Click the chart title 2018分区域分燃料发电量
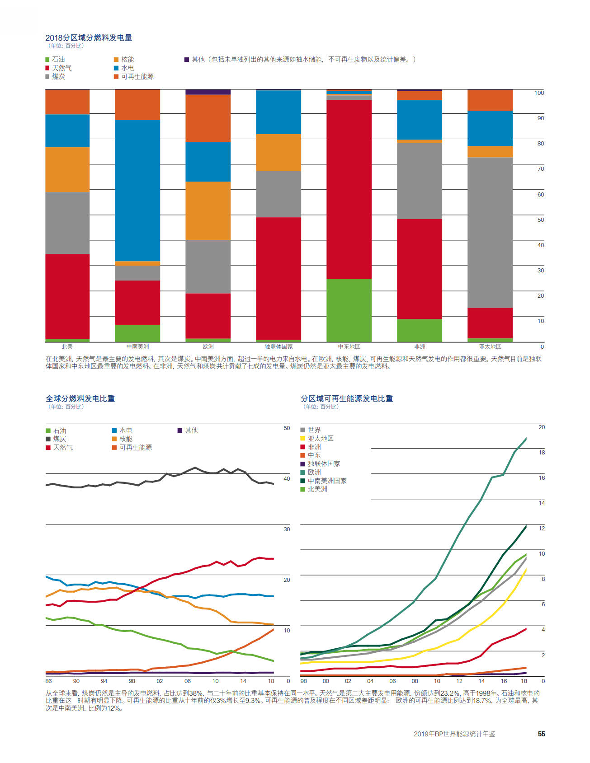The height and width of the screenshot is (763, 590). [x=89, y=38]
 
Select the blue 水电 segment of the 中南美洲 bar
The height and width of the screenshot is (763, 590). [x=137, y=190]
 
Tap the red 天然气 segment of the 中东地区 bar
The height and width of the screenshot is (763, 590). [x=349, y=189]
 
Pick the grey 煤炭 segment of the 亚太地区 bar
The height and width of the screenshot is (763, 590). [x=490, y=233]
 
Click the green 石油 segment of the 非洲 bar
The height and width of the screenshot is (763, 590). [x=420, y=330]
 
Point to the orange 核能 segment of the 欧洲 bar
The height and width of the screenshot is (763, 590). [x=208, y=211]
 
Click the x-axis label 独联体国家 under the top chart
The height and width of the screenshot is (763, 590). [x=278, y=347]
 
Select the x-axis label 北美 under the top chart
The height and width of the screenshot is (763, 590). [x=67, y=347]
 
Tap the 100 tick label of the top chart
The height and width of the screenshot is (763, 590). [x=539, y=93]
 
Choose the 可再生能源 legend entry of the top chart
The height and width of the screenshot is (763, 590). [x=134, y=77]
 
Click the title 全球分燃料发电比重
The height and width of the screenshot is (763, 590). [x=80, y=398]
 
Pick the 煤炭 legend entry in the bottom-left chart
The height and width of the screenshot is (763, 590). [x=56, y=439]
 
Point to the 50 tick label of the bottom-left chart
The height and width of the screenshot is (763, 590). [x=287, y=428]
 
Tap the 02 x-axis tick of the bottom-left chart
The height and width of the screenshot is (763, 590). [x=160, y=681]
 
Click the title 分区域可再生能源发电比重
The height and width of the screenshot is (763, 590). [x=347, y=398]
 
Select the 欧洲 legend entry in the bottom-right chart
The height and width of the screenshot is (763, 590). [x=311, y=473]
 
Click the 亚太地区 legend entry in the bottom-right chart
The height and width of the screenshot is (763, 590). [x=317, y=439]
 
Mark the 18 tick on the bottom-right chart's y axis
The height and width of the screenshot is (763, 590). [x=542, y=452]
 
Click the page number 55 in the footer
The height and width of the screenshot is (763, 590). [x=541, y=734]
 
